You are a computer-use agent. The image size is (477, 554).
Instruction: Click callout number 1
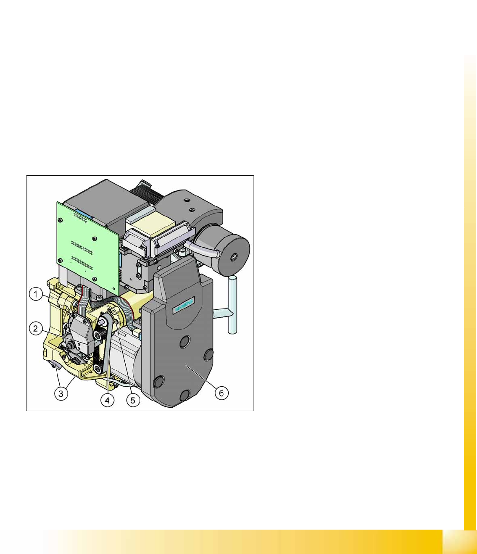coord(36,294)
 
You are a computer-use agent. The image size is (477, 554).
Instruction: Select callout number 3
coord(61,393)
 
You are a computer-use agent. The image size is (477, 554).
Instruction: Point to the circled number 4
coord(107,400)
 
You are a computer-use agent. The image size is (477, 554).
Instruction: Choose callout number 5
coord(133,400)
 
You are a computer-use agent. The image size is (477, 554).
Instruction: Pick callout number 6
coord(221,393)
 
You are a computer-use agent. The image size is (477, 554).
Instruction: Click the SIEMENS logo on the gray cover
coord(184,305)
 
